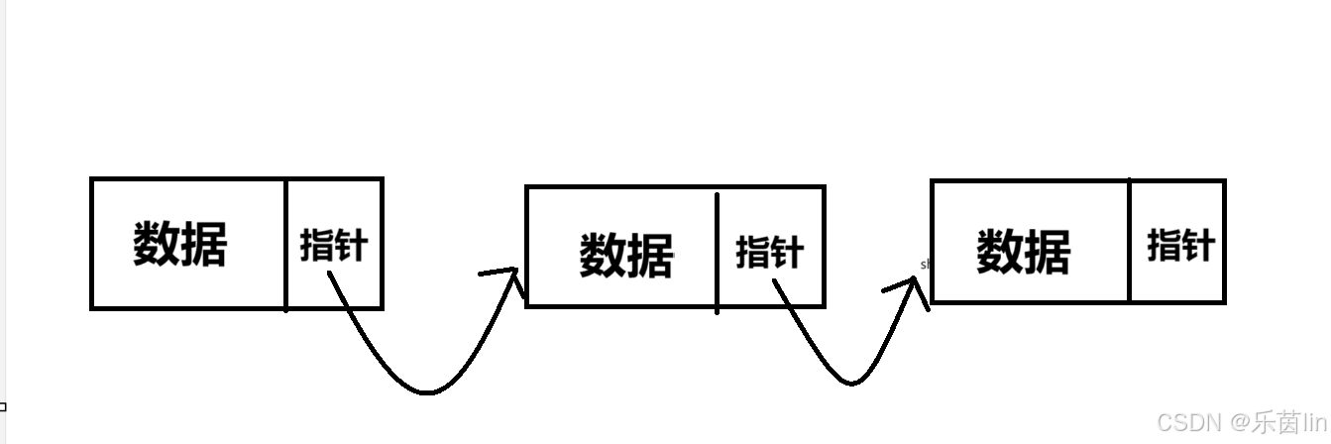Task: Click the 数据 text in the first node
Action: coord(179,244)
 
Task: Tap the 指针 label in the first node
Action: coord(333,245)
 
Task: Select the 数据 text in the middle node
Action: coord(625,255)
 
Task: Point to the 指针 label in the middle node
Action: coord(769,252)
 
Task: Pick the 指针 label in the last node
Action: coord(1180,244)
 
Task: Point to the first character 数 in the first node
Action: coord(156,244)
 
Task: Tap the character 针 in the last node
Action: coord(1197,244)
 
